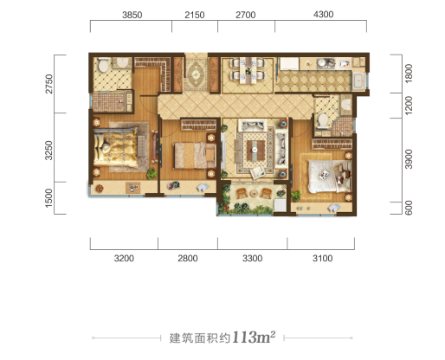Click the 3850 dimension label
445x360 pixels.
[132, 15]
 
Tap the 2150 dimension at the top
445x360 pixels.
[195, 15]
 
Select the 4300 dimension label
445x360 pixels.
[324, 14]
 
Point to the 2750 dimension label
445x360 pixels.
[49, 84]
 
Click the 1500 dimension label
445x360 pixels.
[49, 198]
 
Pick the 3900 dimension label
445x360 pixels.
[409, 159]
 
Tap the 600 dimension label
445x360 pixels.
[409, 208]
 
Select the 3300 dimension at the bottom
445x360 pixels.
[252, 258]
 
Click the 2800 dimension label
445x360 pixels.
[188, 258]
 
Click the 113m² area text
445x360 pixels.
[254, 337]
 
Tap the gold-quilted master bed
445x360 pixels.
[115, 147]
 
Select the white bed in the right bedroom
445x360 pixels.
[330, 176]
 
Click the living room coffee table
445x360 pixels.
[255, 150]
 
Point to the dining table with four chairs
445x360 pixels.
[248, 71]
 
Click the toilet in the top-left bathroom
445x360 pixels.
[103, 65]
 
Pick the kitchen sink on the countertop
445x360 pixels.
[326, 63]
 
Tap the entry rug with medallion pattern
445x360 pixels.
[196, 74]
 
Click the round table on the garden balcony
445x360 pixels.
[254, 193]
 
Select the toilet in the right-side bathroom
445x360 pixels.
[322, 121]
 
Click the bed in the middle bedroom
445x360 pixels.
[195, 156]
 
